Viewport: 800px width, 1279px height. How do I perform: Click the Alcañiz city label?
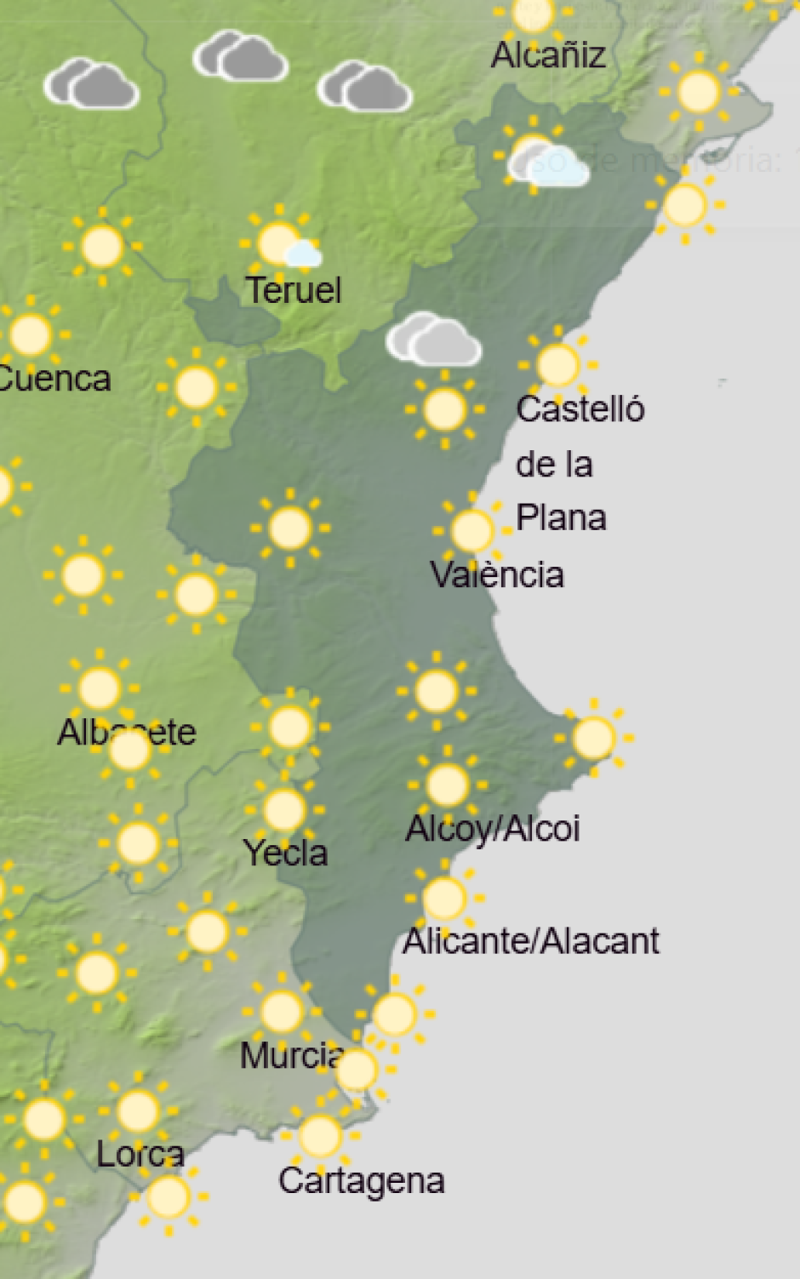pos(548,56)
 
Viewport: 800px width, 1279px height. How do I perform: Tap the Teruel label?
pos(294,291)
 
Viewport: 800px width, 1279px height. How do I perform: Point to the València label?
pos(497,574)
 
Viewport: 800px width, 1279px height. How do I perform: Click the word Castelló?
pos(580,409)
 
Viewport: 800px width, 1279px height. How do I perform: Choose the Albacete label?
pos(127,733)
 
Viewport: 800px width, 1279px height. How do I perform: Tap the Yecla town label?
pos(285,853)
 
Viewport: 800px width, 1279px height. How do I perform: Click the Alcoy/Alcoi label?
pos(493,829)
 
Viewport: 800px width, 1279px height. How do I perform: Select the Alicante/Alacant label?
pos(531,941)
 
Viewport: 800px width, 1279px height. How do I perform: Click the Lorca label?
pos(140,1155)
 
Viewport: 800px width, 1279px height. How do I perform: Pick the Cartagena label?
pos(361,1181)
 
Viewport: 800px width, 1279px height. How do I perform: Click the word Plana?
pos(561,517)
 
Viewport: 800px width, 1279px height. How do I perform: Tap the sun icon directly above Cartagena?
pos(320,1136)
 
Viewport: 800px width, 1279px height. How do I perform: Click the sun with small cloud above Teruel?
pos(280,243)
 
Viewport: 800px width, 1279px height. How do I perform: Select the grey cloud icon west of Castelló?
pos(433,340)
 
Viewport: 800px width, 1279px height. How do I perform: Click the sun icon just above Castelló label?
pos(557,365)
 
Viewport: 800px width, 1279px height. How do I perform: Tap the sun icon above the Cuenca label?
pos(31,334)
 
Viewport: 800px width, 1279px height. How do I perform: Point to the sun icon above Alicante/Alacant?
pos(443,898)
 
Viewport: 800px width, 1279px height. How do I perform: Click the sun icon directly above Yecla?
pos(284,809)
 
